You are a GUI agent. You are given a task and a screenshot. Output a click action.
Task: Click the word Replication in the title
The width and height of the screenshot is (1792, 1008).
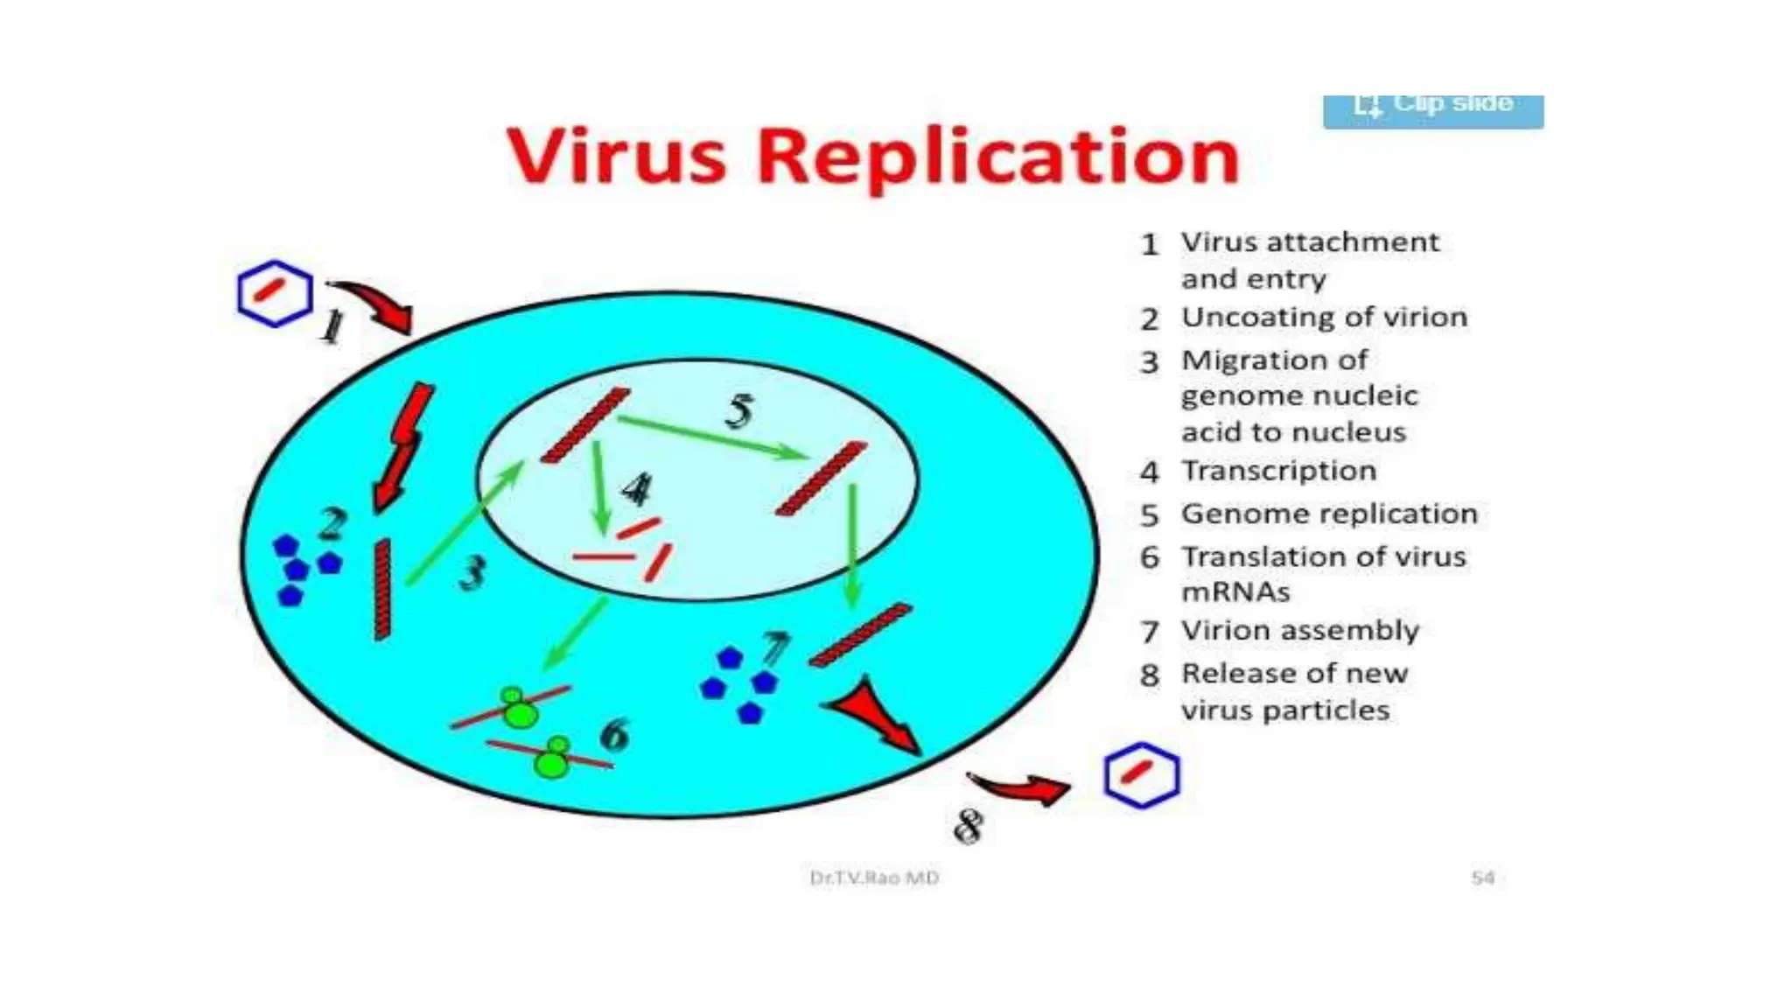(997, 157)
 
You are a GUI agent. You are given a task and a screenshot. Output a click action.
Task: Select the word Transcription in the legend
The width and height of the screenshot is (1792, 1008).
(1279, 471)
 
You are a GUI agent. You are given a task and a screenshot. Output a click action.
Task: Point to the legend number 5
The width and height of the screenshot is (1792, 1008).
(1150, 514)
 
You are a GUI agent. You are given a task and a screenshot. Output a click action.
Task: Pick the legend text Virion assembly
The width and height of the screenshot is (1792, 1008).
(1300, 630)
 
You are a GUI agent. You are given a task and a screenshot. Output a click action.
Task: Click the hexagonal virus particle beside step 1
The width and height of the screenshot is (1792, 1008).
(275, 294)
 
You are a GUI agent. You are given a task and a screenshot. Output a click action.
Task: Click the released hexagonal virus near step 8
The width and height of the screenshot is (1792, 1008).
(1141, 775)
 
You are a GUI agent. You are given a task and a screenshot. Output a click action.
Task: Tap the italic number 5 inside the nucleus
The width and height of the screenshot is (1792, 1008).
(739, 410)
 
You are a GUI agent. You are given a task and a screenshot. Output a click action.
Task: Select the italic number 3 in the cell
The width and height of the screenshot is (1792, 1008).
(472, 573)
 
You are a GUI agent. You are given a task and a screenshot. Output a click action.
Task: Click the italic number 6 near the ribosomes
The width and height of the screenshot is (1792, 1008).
(615, 734)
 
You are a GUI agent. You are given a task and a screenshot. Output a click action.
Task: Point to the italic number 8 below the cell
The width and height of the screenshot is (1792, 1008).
(969, 826)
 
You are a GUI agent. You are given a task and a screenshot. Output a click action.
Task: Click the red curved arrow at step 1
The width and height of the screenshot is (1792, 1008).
(374, 304)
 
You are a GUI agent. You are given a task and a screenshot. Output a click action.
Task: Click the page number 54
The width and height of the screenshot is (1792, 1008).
(1482, 878)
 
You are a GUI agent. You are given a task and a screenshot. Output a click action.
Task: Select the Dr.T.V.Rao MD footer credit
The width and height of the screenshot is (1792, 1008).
(874, 878)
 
